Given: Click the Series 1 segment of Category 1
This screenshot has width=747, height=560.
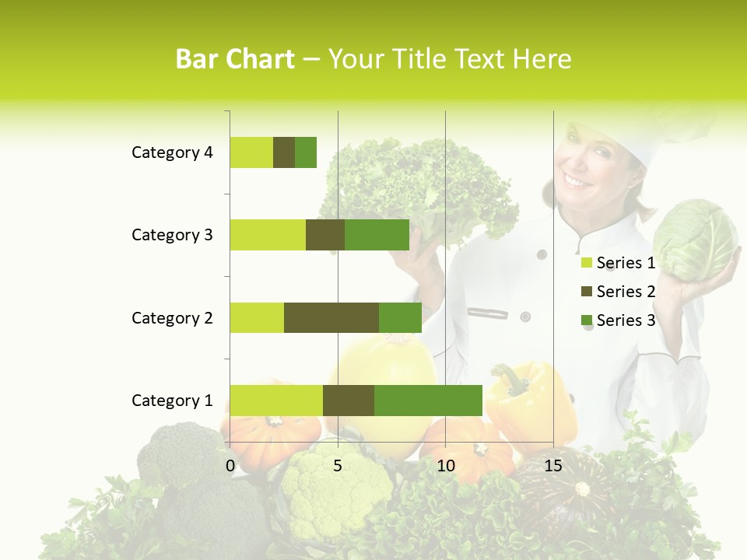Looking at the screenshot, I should pos(276,400).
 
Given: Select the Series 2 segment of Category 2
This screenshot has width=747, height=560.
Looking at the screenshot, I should pos(331,317).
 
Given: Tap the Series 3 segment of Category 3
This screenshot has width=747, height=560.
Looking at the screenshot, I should pos(377,235).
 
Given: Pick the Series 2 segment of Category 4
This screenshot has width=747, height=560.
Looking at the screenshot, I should pos(284,152).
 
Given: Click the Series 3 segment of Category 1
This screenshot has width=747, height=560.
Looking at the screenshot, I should pos(428,400).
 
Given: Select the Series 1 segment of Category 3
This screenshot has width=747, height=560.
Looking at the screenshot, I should pos(268,235).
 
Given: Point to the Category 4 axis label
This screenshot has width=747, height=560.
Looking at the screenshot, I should pos(172,152).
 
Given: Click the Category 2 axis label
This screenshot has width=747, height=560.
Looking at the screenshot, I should pos(172,317).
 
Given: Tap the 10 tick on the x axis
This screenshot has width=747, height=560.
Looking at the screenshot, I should pos(445,467).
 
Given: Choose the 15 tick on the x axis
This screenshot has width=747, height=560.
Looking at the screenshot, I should pos(552,467).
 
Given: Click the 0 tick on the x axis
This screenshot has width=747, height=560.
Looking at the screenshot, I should pos(230,467).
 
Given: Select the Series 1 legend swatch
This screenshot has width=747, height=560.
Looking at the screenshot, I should pos(586,263).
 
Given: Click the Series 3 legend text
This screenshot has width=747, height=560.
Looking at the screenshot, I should pos(626,320).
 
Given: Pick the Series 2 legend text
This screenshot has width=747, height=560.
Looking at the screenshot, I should pos(626,292).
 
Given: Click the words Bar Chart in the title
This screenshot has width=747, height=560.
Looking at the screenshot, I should pos(235,59).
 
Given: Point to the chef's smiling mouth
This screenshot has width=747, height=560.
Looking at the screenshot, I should pos(578,180).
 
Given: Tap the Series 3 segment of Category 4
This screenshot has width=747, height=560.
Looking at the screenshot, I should pos(306,152).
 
